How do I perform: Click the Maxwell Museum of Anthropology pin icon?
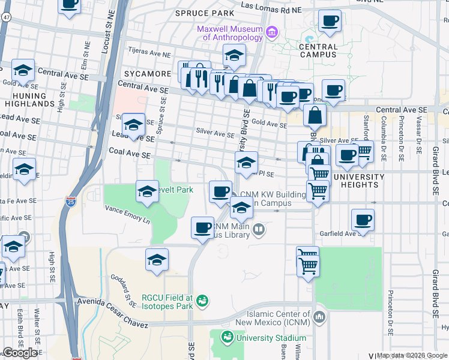pyautogui.click(x=271, y=31)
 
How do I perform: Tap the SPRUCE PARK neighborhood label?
pyautogui.click(x=204, y=13)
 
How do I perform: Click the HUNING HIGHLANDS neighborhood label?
pyautogui.click(x=29, y=100)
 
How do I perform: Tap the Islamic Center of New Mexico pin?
pyautogui.click(x=319, y=316)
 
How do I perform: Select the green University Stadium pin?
pyautogui.click(x=227, y=338)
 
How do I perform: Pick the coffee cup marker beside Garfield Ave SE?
pyautogui.click(x=362, y=220)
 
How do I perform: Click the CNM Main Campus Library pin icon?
pyautogui.click(x=259, y=229)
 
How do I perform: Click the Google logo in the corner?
pyautogui.click(x=20, y=353)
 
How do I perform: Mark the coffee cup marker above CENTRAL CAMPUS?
pyautogui.click(x=330, y=21)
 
